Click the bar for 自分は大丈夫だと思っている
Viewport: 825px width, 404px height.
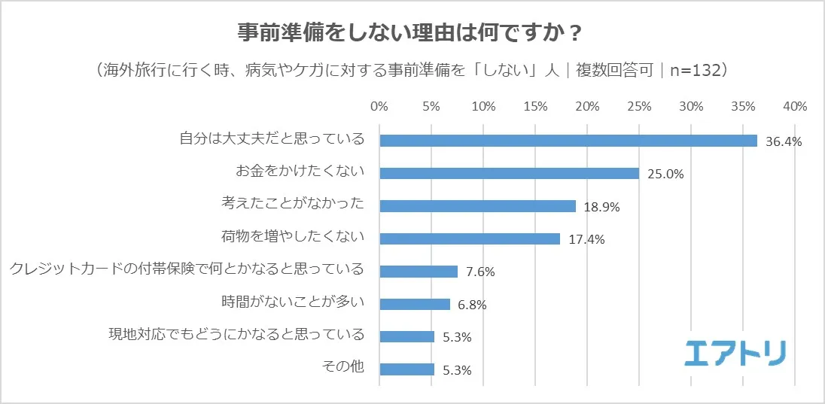568,141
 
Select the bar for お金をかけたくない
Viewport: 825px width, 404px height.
510,173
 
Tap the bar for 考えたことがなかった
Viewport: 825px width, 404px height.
478,206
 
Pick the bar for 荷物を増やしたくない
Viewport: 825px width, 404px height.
470,238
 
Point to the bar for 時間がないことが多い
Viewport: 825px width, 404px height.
415,304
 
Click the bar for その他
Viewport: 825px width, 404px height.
407,369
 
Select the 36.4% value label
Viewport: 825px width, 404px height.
784,141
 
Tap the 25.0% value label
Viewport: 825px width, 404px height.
665,174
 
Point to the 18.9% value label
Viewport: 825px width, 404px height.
601,207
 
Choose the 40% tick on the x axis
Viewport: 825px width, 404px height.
795,106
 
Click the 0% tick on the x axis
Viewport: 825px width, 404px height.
379,106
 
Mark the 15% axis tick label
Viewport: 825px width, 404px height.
535,106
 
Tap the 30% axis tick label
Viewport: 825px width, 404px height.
691,106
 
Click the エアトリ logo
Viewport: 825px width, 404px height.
736,353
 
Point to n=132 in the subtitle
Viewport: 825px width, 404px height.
693,70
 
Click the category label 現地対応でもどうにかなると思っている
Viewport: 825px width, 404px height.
237,334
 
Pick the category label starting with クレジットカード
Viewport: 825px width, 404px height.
187,269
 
